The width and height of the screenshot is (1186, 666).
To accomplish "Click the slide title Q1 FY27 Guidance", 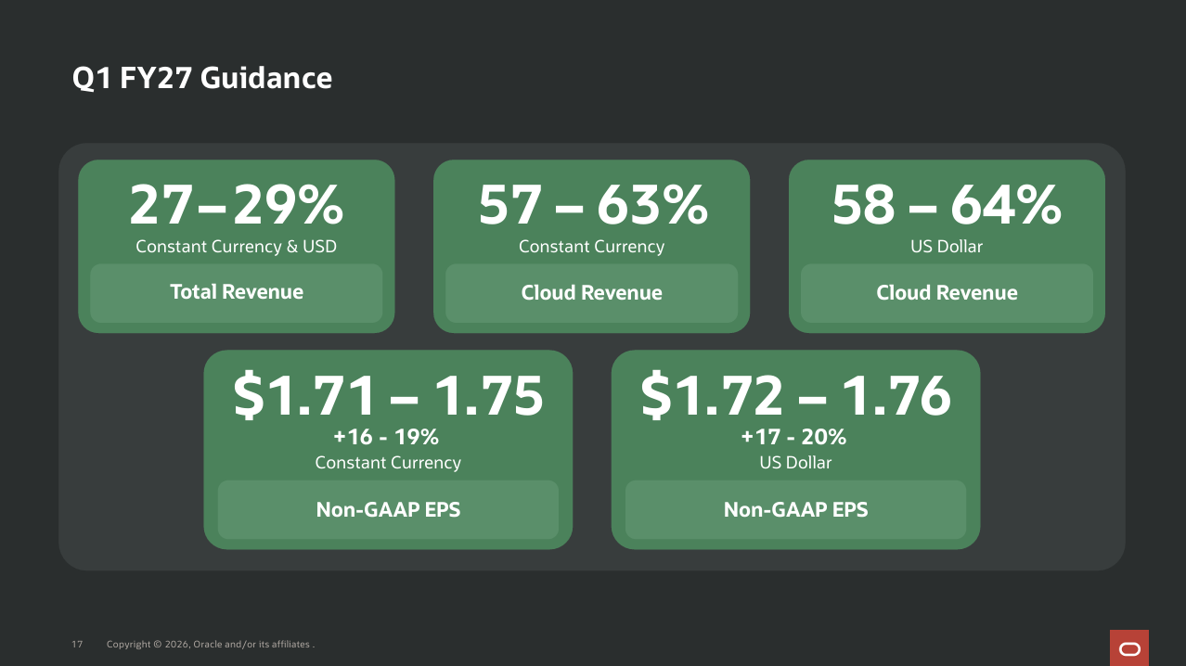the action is click(x=202, y=78).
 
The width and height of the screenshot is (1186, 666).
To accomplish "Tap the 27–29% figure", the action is click(x=236, y=204).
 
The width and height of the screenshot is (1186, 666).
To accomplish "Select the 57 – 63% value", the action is click(x=592, y=204).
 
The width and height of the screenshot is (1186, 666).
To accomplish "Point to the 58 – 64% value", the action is click(x=947, y=204).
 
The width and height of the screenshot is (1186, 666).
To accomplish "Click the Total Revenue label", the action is click(x=236, y=291).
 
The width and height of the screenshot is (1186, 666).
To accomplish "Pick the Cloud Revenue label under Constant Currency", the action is click(x=591, y=293).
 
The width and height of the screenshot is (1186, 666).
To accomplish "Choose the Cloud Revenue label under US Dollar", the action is click(x=947, y=293).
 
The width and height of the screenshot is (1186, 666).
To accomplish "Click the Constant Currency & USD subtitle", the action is click(x=236, y=247).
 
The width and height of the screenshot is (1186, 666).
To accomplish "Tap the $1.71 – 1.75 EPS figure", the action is click(x=388, y=395).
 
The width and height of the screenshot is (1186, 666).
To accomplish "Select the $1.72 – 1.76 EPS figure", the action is click(x=796, y=395).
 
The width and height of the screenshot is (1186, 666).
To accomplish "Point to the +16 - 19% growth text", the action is click(x=386, y=437).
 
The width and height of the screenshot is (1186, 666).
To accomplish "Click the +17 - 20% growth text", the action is click(x=793, y=437).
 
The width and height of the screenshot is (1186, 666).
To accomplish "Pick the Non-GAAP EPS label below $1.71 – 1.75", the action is click(x=388, y=509).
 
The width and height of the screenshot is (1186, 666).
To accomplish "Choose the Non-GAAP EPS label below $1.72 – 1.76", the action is click(x=796, y=509).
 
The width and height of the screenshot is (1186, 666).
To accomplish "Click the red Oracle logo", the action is click(x=1129, y=648).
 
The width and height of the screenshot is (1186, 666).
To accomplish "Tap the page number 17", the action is click(x=77, y=645).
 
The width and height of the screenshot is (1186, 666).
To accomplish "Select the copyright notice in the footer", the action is click(x=211, y=645).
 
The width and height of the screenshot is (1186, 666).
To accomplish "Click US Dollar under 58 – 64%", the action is click(x=947, y=247).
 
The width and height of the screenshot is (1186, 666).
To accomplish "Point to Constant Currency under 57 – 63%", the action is click(x=591, y=247).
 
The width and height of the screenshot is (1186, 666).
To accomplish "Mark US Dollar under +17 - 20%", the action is click(x=796, y=463).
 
